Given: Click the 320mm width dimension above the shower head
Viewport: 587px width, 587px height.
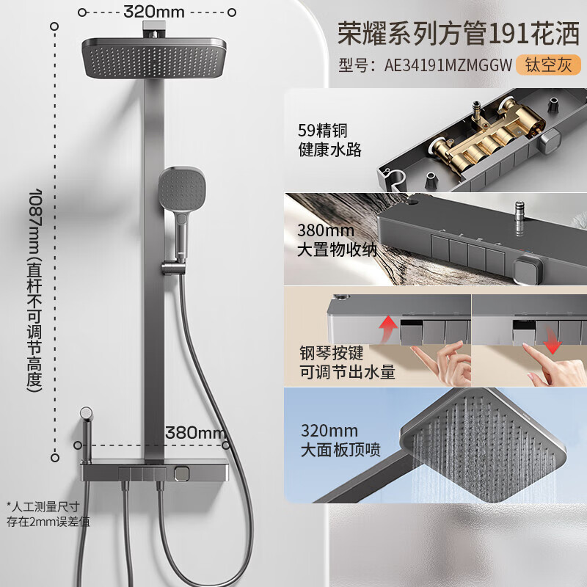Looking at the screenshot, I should [x=154, y=12].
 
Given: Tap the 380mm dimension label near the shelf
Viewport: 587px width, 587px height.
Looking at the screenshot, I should [x=196, y=431].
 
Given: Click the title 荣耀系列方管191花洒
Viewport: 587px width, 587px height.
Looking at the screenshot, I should [x=458, y=32].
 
